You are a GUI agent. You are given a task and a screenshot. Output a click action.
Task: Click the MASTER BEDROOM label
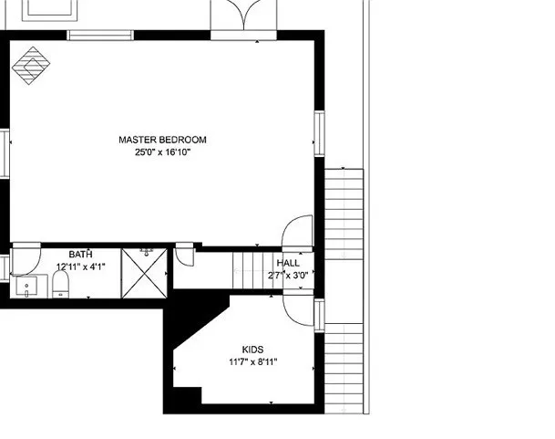click(x=162, y=140)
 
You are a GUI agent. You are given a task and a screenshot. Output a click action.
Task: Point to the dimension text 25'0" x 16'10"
click(x=162, y=152)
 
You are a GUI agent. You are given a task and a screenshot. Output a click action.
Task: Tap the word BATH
click(x=81, y=255)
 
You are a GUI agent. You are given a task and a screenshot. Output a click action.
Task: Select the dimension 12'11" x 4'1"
click(x=81, y=267)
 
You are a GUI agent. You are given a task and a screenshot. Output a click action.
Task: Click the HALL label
click(x=288, y=263)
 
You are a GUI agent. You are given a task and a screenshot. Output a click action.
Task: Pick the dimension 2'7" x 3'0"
click(x=288, y=275)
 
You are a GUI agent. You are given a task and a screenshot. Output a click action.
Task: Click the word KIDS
click(x=252, y=350)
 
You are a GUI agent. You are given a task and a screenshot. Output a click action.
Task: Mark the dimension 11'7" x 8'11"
click(x=252, y=361)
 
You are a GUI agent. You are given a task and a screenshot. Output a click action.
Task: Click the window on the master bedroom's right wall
click(x=319, y=133)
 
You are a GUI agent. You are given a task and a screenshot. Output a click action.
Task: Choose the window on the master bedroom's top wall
click(x=96, y=36)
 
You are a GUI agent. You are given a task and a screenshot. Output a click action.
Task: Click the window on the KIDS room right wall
click(x=319, y=313)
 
